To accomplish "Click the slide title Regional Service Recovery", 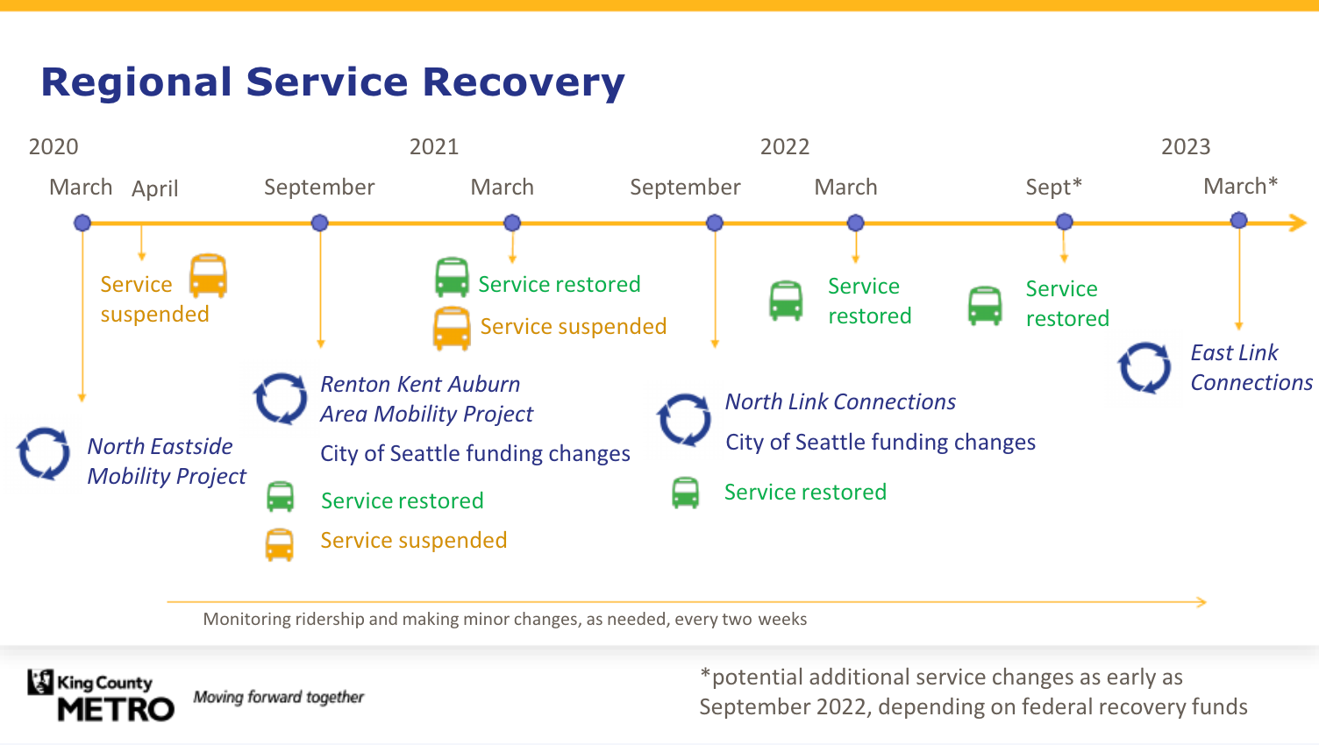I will [x=332, y=82].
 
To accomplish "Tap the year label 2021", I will [x=434, y=146].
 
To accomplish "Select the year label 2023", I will [x=1186, y=146].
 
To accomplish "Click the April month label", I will [x=155, y=188].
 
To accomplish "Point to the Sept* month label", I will [x=1053, y=187].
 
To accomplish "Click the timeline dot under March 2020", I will [x=82, y=223].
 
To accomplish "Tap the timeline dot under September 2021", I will [x=715, y=223].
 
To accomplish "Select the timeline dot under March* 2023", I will [x=1238, y=221].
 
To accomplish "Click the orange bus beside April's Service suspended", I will [x=209, y=276].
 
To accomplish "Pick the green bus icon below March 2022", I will [x=786, y=301].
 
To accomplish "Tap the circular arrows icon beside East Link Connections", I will [x=1144, y=367].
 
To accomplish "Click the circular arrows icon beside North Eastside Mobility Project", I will [x=44, y=453].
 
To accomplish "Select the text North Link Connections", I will [x=840, y=401].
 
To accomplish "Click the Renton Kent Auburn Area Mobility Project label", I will [x=426, y=399].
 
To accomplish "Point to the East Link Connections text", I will [x=1251, y=367].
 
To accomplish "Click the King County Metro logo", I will [x=101, y=696].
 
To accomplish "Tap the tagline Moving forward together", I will [x=278, y=697].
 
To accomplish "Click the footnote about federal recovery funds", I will [x=973, y=692].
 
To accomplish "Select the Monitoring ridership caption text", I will [x=504, y=619].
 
